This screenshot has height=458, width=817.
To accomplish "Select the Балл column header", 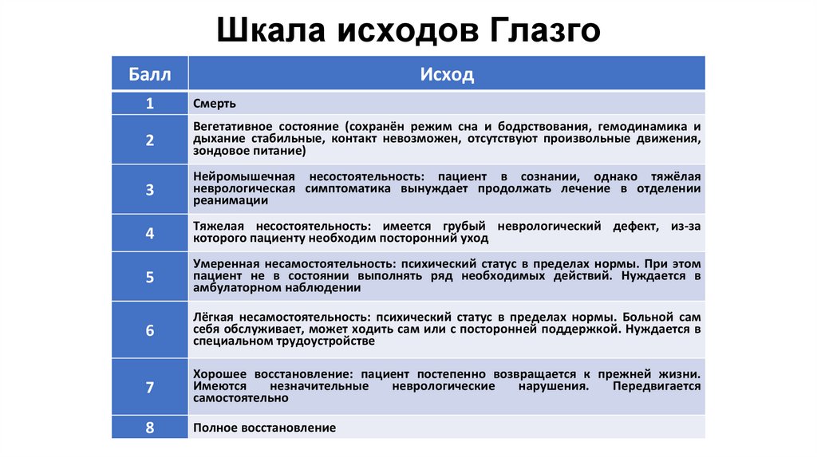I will pos(150,74).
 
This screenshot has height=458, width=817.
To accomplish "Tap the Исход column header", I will pos(447,74).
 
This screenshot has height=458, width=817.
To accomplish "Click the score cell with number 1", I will pos(150,103).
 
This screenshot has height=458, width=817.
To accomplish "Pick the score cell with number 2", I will pos(150,139).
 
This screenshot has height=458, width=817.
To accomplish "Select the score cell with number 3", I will pos(150,189).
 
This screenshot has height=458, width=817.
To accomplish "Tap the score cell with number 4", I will pos(150,233).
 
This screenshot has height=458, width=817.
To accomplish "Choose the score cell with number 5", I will pos(150,276).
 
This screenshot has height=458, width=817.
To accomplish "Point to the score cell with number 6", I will pos(150,329).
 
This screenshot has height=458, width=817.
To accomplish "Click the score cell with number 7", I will pos(150,387).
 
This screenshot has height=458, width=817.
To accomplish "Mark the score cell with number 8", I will pos(150,427).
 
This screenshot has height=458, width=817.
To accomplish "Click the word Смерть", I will pos(215,104).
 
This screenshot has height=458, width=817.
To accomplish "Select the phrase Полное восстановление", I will pos(264,428).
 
